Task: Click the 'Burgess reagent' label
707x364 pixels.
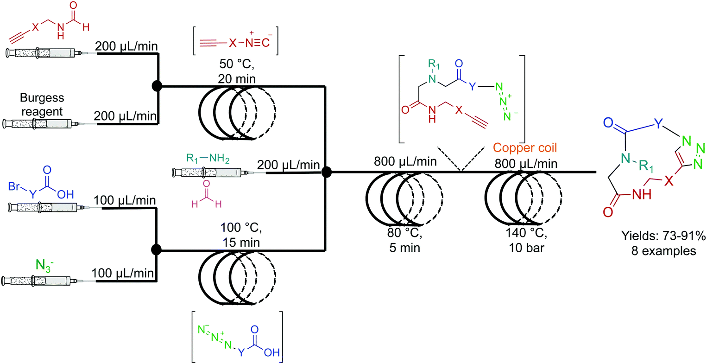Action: pyautogui.click(x=42, y=105)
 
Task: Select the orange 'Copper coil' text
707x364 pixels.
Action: pyautogui.click(x=524, y=147)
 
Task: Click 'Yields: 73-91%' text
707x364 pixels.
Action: pyautogui.click(x=663, y=236)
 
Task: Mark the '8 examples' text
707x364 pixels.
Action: pyautogui.click(x=663, y=251)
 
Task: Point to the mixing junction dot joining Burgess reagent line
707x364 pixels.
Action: pyautogui.click(x=158, y=86)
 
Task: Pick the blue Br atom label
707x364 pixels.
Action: pyautogui.click(x=15, y=186)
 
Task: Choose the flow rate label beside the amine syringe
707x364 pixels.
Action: pyautogui.click(x=288, y=165)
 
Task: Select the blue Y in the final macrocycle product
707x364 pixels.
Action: pyautogui.click(x=658, y=124)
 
